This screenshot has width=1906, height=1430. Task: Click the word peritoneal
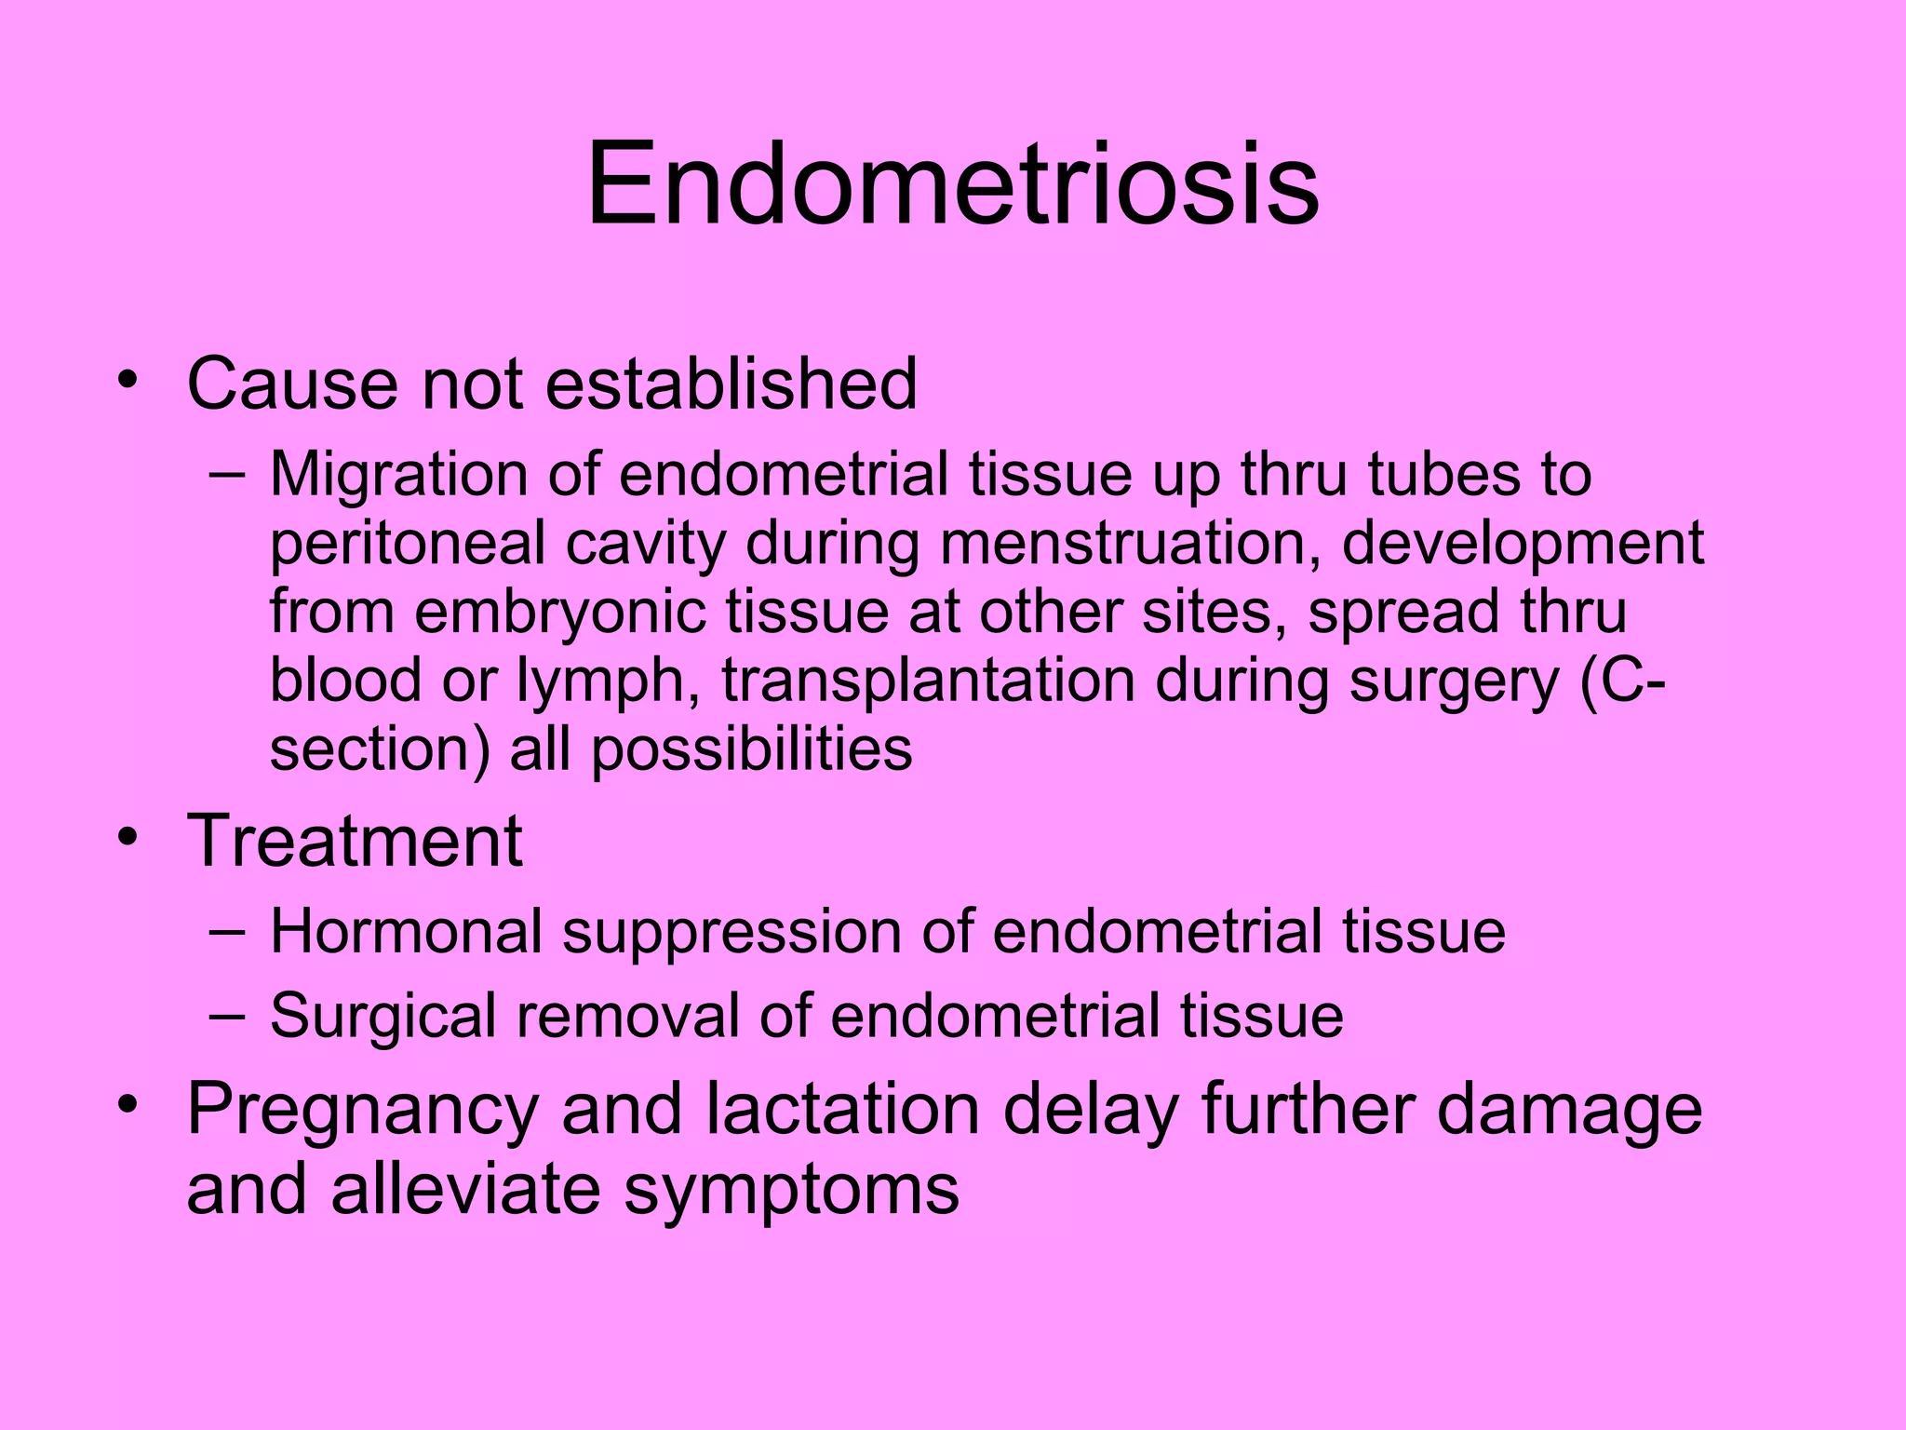point(407,544)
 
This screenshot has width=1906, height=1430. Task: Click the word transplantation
point(928,681)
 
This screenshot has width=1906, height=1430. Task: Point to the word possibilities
point(752,749)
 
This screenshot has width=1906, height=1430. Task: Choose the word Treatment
point(355,841)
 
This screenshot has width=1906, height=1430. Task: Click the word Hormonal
point(406,931)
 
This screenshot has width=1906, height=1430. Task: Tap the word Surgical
point(383,1016)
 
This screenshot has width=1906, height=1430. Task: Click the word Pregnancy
point(363,1111)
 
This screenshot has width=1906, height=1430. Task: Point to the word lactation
point(842,1109)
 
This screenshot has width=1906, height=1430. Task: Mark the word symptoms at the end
point(791,1191)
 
